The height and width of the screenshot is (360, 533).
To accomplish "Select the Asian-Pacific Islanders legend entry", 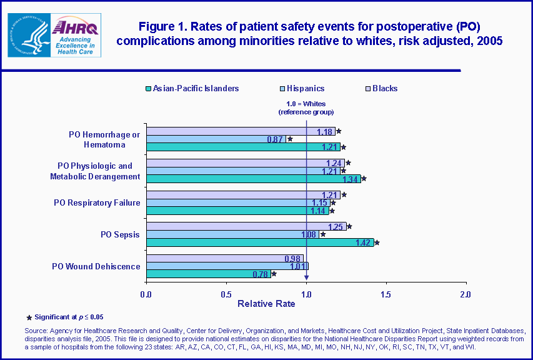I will [x=191, y=88].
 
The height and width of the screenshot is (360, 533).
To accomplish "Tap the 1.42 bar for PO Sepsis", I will [x=259, y=242].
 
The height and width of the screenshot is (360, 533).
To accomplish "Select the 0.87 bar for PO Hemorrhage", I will [x=216, y=139].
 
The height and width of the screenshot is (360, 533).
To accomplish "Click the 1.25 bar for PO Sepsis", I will [x=246, y=226].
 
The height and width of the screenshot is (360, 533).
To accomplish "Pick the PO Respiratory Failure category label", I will [x=97, y=202].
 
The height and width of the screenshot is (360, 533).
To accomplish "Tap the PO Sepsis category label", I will [x=120, y=234].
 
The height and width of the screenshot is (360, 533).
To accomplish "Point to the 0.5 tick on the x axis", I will [x=226, y=294].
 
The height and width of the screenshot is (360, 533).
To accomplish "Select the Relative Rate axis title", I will [x=266, y=304].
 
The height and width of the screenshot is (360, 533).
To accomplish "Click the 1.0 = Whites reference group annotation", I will [x=306, y=107].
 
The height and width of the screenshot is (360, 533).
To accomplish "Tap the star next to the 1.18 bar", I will [x=339, y=131].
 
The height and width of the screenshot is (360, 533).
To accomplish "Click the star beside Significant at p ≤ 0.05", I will [x=29, y=317].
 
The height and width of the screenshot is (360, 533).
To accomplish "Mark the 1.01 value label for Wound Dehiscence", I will [x=297, y=266].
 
